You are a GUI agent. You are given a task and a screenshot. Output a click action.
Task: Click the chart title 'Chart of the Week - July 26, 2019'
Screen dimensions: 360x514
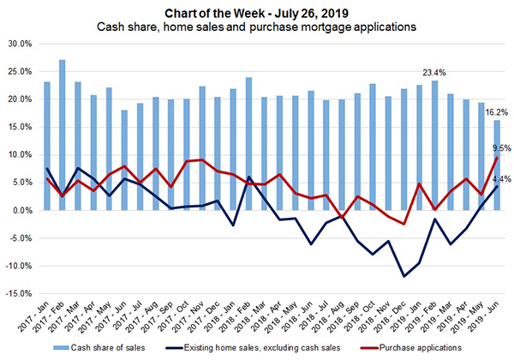click(x=257, y=10)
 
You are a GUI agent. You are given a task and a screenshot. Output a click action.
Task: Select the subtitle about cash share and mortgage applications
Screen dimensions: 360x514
click(x=257, y=26)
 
